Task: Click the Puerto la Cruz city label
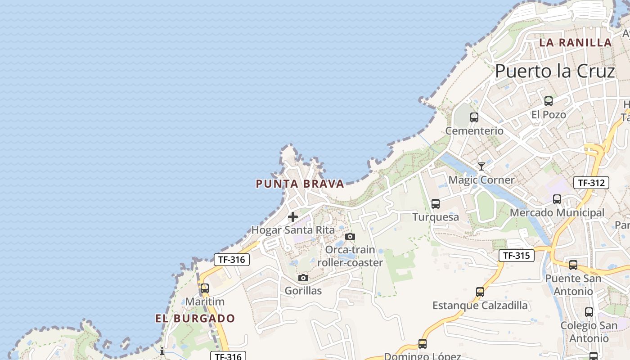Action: (555, 72)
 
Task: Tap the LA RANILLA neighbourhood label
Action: (576, 43)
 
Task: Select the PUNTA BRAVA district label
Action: (300, 184)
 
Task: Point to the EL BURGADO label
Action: (195, 319)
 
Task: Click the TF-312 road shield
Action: (591, 183)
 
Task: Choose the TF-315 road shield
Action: (516, 256)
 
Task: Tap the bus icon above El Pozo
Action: (548, 101)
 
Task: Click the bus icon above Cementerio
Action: (474, 117)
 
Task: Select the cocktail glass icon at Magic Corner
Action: (481, 166)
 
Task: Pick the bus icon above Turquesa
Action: (436, 203)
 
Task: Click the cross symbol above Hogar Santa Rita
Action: (293, 217)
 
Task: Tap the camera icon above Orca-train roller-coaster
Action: (350, 236)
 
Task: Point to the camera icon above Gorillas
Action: (303, 278)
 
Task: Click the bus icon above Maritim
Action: (205, 288)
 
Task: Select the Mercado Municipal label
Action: (557, 213)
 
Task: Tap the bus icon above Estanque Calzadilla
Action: (480, 292)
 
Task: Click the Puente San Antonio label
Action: (573, 285)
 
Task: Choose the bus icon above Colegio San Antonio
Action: (589, 312)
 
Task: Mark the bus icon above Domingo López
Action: (423, 344)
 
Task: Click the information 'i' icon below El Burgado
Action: (162, 351)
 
